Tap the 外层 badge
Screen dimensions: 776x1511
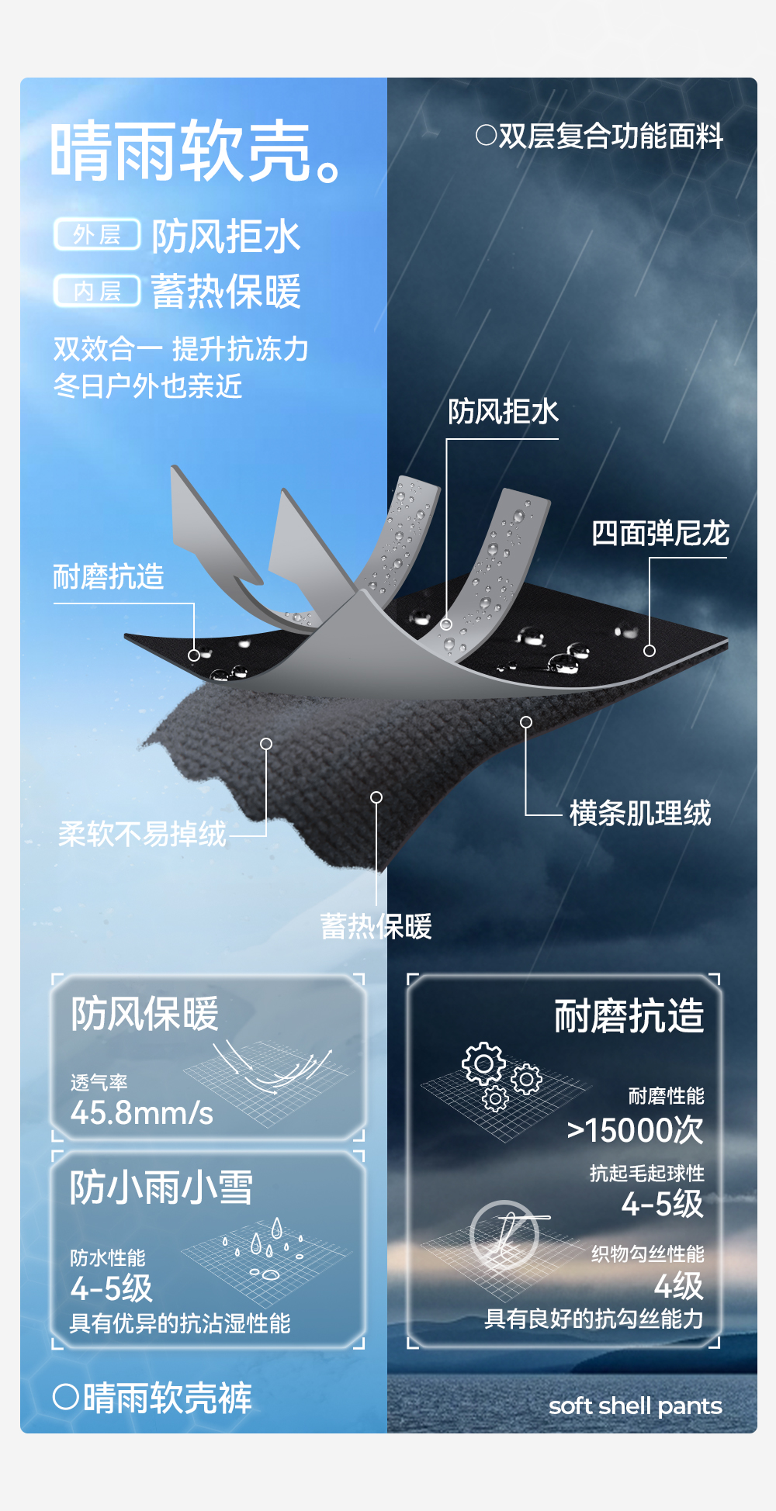97,234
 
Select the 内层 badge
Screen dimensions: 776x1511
97,291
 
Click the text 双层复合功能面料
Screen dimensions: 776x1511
599,136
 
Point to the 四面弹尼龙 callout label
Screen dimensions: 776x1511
660,534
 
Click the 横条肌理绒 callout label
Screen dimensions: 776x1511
640,813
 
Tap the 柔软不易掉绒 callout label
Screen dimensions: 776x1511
142,834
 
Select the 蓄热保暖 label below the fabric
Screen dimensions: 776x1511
376,926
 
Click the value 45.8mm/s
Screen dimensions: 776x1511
141,1113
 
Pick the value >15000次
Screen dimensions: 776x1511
635,1130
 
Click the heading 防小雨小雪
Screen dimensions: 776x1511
161,1188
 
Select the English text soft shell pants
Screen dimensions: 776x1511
635,1406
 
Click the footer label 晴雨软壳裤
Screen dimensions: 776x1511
152,1398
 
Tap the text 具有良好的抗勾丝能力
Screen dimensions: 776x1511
594,1319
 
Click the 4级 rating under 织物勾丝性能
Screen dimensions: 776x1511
678,1286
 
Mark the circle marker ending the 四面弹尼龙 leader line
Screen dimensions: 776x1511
650,651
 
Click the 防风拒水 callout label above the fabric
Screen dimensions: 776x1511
503,411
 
